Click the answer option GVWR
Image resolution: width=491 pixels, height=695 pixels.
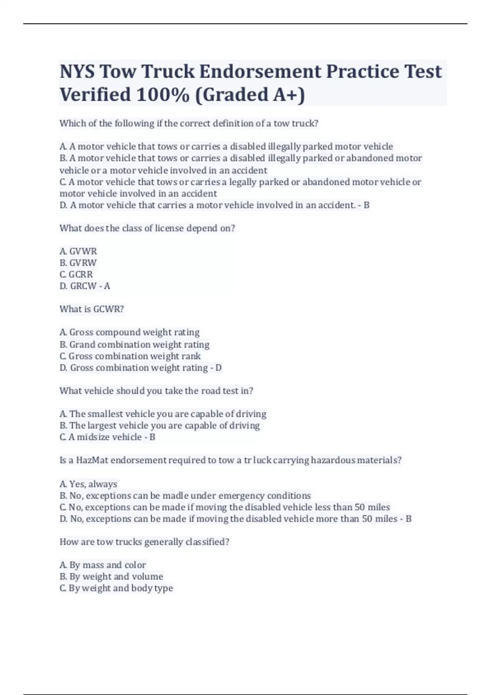point(83,251)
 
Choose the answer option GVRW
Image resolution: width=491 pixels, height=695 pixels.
point(83,262)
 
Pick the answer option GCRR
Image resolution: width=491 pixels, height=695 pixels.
point(81,274)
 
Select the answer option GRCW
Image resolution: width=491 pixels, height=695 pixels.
point(83,286)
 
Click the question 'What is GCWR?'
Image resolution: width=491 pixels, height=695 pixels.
point(92,309)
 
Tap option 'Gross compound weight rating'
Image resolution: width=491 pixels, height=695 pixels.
point(134,332)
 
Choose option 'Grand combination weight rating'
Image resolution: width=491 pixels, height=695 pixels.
point(139,344)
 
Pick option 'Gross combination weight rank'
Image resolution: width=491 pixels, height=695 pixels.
point(135,356)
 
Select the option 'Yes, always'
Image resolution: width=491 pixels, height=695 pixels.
point(93,484)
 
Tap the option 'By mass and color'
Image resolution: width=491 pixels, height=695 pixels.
point(107,565)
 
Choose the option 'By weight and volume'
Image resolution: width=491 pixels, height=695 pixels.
point(116,576)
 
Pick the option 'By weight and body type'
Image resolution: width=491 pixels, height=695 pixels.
point(121,588)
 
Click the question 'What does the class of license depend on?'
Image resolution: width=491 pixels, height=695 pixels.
point(147,228)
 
